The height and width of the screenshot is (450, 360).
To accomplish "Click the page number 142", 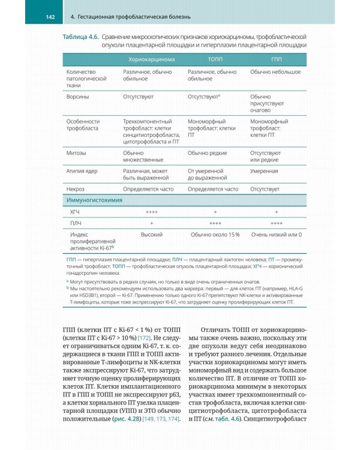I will tap(50, 17).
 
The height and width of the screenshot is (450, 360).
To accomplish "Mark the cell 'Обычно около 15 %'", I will tap(214, 235).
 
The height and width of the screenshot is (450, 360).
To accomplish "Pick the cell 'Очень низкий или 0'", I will tap(276, 235).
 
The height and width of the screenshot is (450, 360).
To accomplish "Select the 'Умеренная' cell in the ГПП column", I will tap(264, 171).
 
